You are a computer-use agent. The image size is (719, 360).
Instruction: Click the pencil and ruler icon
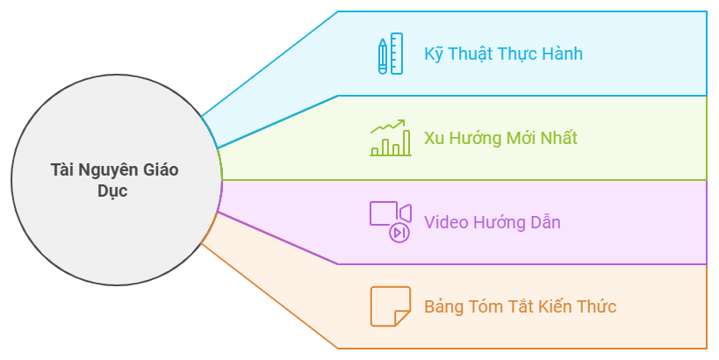click(x=391, y=54)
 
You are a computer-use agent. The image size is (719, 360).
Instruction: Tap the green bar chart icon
click(x=391, y=138)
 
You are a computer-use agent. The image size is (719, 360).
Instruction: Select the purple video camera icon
click(x=391, y=221)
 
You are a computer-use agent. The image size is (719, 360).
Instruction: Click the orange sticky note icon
click(x=391, y=306)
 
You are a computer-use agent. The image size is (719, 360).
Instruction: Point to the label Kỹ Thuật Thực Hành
click(x=503, y=54)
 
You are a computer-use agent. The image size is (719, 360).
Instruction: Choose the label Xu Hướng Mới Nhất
click(x=500, y=138)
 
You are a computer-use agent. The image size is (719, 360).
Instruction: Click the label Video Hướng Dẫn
click(x=492, y=222)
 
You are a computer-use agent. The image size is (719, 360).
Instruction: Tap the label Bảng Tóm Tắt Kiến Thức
click(x=520, y=306)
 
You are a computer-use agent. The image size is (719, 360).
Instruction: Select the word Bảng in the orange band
click(x=444, y=306)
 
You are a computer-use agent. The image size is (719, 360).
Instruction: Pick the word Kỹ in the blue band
click(x=434, y=54)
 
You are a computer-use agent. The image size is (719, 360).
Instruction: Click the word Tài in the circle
click(x=62, y=170)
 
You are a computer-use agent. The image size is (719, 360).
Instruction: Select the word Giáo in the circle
click(x=160, y=170)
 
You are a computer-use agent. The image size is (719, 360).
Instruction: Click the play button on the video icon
click(x=399, y=233)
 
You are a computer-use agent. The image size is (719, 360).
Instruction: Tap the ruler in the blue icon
click(x=397, y=54)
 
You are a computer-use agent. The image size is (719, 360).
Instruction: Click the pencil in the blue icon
click(x=383, y=55)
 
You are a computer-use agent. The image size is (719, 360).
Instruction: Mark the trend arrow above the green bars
click(x=388, y=127)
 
